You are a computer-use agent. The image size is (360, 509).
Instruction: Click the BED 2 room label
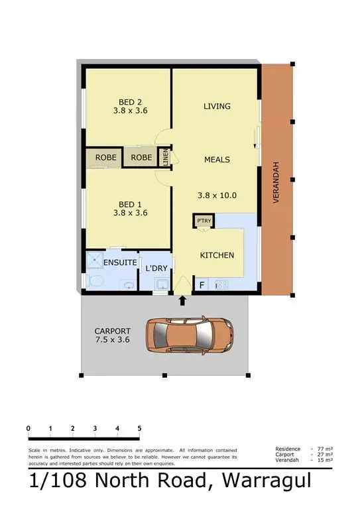click(130, 102)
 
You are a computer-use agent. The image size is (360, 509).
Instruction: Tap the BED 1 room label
click(130, 204)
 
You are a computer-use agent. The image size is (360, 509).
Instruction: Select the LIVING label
click(217, 106)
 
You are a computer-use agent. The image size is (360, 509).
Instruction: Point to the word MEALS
click(217, 160)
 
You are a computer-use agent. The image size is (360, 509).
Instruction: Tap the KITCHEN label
click(217, 255)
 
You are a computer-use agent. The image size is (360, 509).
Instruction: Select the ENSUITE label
click(120, 263)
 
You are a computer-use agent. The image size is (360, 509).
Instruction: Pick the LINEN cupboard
click(166, 158)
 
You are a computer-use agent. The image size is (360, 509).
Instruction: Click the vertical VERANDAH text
click(276, 182)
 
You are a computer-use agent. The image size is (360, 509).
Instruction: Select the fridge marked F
click(202, 285)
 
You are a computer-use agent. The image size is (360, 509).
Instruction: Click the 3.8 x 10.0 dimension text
click(217, 196)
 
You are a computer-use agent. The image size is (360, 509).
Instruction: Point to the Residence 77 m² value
click(326, 449)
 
